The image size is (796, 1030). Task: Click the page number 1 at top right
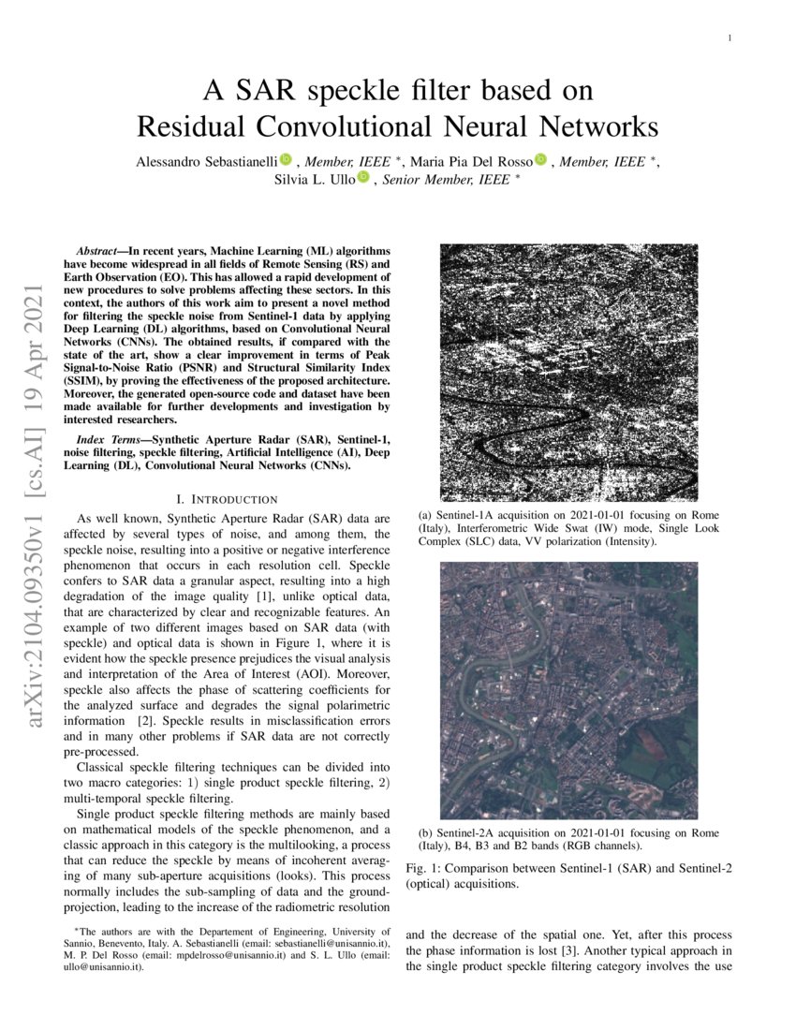click(729, 37)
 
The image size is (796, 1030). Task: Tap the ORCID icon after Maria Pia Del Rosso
click(540, 160)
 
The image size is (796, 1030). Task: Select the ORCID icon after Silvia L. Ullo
click(363, 178)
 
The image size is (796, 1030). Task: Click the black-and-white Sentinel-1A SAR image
click(568, 372)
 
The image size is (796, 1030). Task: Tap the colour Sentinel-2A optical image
click(568, 690)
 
